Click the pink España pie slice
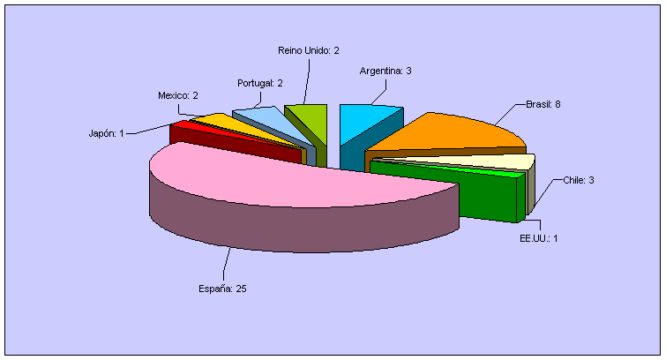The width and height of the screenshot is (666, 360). coord(300,181)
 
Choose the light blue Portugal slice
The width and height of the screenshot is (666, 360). coord(262,118)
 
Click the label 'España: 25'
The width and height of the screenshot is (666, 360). coord(221,289)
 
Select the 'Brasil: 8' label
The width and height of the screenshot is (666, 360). coord(543,104)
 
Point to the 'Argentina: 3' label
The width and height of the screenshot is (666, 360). coord(385,71)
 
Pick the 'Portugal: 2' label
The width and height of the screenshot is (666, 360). coord(260,83)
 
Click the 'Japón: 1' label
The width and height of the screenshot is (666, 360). coord(106,133)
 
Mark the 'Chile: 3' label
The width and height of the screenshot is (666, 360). coord(579,180)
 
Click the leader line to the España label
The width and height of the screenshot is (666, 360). coord(227,265)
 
